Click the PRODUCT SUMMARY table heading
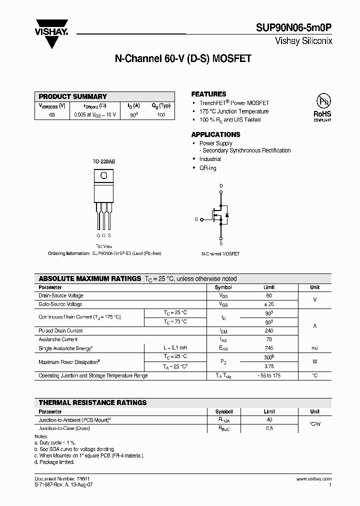73,96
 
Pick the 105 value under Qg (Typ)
161,114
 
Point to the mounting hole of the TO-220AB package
103,175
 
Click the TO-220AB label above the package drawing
103,162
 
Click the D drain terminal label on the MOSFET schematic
221,185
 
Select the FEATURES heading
208,94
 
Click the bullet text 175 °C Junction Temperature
234,111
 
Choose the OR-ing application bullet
207,168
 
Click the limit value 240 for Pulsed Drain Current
269,330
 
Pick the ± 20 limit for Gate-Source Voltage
269,304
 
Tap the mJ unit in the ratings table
314,347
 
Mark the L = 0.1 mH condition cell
175,347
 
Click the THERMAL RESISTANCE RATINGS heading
93,402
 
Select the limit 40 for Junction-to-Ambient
269,420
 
